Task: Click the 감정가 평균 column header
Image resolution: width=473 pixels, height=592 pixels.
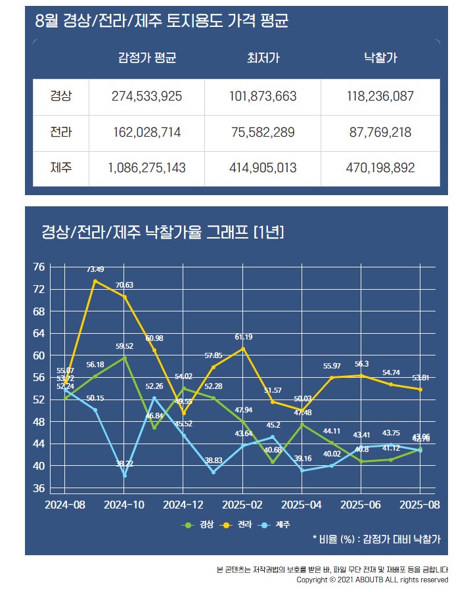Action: [147, 58]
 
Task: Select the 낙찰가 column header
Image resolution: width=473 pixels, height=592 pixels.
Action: [380, 58]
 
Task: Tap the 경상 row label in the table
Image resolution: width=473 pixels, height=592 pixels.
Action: [61, 96]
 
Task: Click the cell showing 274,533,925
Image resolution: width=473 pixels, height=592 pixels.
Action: [147, 96]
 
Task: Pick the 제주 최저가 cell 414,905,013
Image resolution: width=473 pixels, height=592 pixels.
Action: [263, 168]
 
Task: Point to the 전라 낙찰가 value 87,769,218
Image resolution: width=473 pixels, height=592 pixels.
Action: [380, 132]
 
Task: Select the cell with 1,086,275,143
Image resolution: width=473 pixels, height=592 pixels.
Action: [147, 168]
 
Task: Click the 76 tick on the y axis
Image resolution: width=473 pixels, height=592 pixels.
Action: [38, 267]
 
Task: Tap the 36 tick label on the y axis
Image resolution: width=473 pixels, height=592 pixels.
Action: [38, 488]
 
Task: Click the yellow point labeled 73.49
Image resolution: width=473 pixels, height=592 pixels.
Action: [95, 281]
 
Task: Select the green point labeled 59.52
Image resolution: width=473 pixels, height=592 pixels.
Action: [124, 358]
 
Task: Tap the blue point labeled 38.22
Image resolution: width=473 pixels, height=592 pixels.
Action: [124, 475]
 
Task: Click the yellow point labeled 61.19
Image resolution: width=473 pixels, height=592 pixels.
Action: [242, 348]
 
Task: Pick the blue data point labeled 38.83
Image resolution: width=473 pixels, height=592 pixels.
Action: [213, 472]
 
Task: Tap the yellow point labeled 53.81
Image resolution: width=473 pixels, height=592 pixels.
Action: [420, 390]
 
